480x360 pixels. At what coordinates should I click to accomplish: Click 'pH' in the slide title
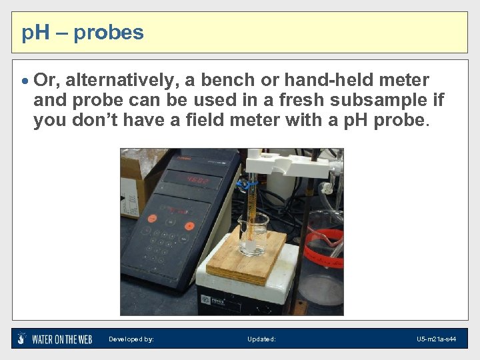tap(34, 32)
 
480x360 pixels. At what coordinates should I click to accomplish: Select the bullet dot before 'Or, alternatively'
tap(25, 81)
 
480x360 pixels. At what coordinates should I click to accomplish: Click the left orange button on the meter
tap(152, 218)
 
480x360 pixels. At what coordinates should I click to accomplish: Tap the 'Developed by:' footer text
tap(131, 339)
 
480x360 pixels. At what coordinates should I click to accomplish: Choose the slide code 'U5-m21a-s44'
tap(436, 339)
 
